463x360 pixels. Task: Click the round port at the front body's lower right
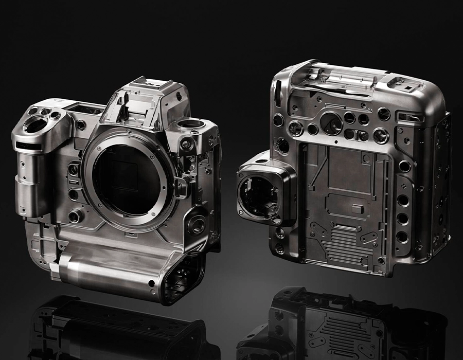[197, 224]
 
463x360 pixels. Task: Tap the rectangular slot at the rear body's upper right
[423, 118]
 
